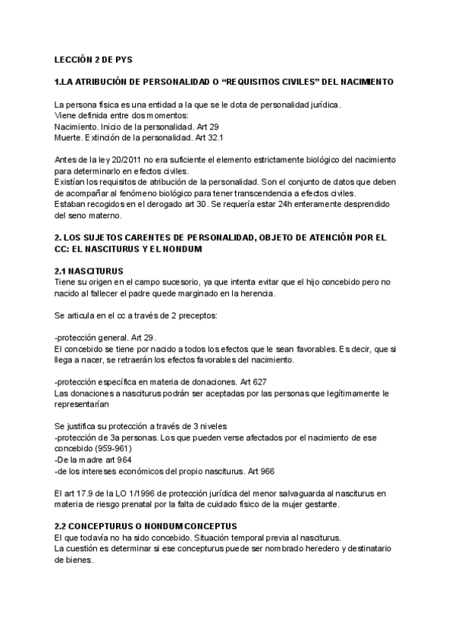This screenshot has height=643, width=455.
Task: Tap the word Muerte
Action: [69, 138]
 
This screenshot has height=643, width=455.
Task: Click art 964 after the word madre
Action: [123, 459]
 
